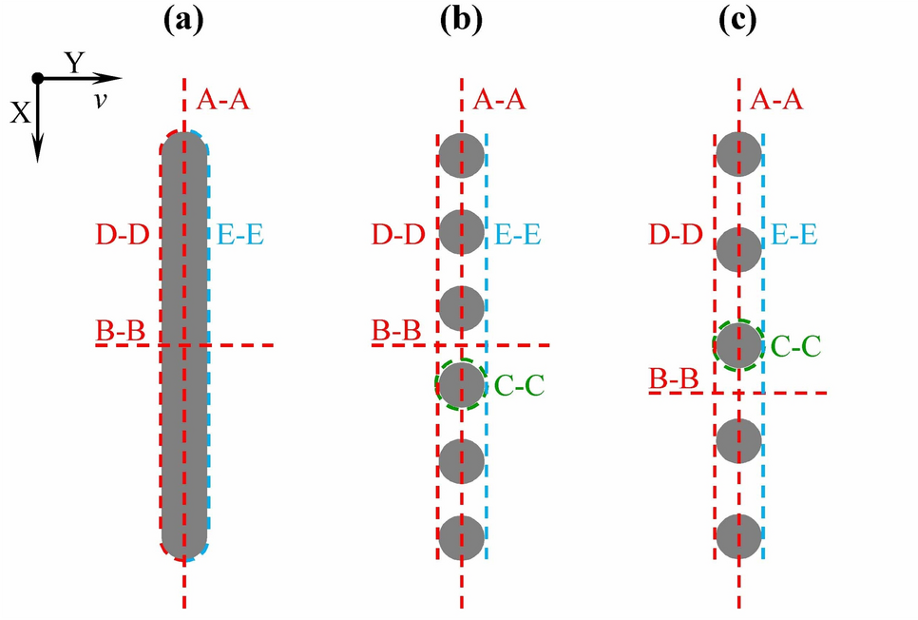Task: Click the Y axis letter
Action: pos(76,64)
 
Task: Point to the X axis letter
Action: pos(20,113)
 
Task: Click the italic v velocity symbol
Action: pos(99,99)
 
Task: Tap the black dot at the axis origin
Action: pos(37,78)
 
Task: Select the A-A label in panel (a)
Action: pos(223,99)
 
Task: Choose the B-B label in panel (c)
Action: pos(675,378)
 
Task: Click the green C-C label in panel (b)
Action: pos(520,385)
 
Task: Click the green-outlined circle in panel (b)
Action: pos(462,384)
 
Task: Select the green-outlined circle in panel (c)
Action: pos(738,345)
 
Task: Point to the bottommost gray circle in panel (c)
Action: pos(738,536)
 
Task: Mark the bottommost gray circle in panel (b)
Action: pos(462,536)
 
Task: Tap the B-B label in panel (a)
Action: pos(120,331)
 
